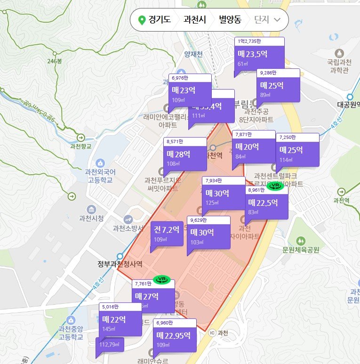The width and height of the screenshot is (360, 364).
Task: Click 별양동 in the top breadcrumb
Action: point(230,20)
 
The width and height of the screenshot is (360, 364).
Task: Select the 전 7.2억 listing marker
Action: point(167,233)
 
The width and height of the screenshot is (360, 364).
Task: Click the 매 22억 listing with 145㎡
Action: point(120,323)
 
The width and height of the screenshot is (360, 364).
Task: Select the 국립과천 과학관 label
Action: point(339,66)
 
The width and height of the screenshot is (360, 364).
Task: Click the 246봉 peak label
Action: point(55,61)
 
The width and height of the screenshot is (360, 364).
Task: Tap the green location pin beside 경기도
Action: point(141,20)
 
